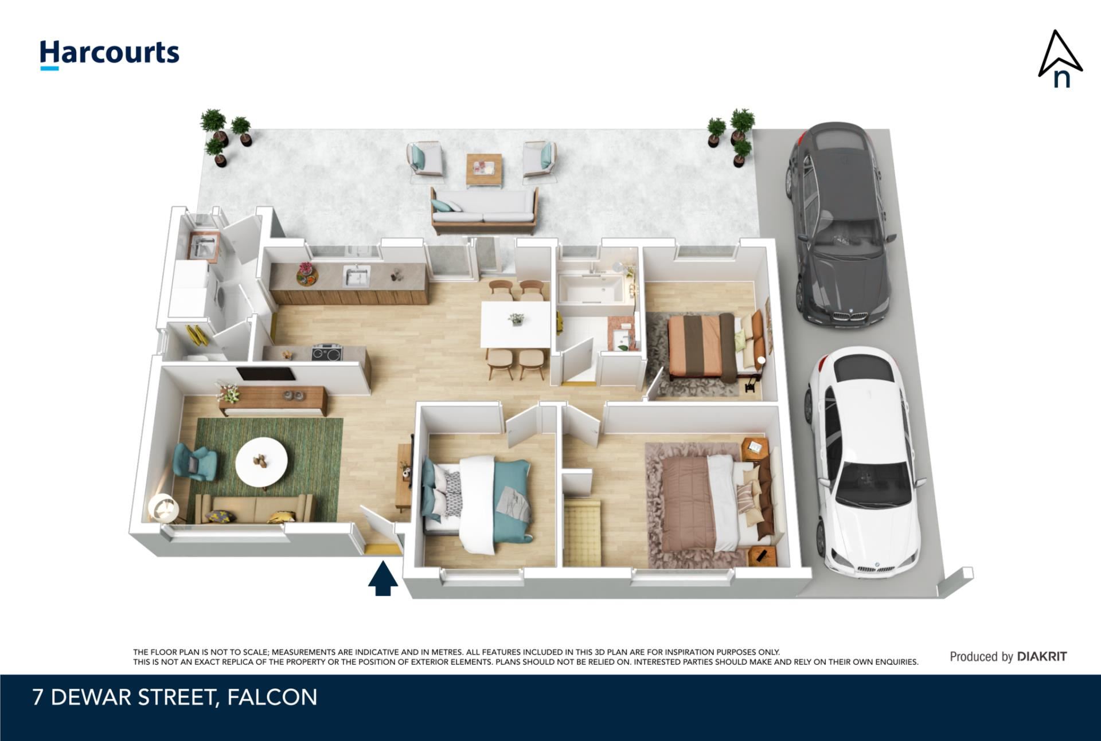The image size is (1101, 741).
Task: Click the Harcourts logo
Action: point(110,54)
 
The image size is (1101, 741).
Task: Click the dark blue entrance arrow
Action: point(383,579)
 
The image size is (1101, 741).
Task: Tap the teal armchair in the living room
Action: point(195,462)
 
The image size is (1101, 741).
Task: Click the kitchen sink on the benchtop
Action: point(357,276)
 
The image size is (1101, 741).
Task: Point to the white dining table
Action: point(516,324)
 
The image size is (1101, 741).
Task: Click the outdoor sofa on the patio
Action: point(485,210)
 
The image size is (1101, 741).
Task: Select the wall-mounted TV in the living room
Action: point(266,374)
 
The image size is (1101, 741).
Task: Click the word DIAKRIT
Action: point(1042,657)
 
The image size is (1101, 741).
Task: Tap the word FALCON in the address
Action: point(272,697)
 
